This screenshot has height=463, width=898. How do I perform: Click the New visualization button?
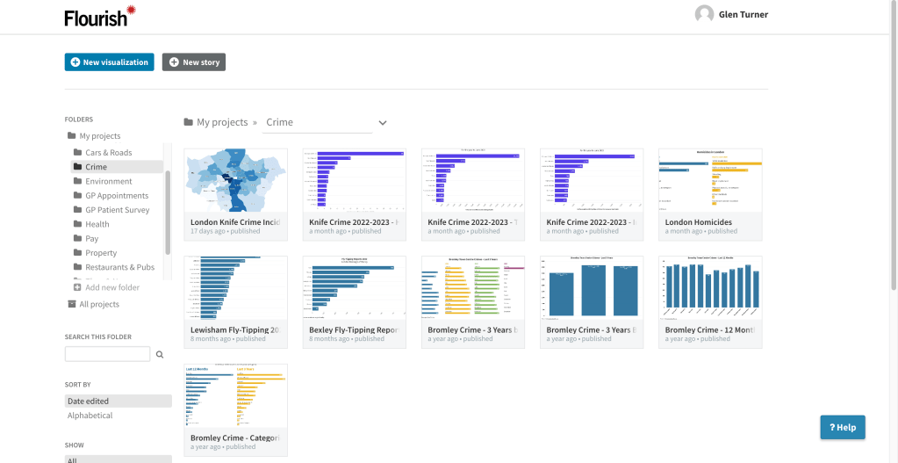[109, 62]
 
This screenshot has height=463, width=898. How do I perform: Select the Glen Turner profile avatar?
[704, 14]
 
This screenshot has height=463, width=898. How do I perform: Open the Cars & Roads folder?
[108, 153]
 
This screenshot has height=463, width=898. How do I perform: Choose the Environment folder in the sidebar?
[109, 181]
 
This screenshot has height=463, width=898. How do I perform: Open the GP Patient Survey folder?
[117, 210]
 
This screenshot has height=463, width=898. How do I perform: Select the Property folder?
[101, 253]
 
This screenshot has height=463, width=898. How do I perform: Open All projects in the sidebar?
[98, 304]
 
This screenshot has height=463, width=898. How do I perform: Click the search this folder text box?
[107, 354]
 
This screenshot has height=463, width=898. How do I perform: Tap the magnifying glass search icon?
[160, 355]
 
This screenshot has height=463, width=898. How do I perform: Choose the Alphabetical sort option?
[90, 416]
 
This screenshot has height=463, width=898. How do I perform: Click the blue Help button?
[842, 427]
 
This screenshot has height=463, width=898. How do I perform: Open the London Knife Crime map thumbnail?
[235, 180]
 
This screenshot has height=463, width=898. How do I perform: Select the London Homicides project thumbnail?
[710, 180]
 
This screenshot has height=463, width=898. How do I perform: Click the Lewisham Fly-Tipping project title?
[234, 330]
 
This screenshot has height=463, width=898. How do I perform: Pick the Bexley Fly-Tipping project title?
[353, 330]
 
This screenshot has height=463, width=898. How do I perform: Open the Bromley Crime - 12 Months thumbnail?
[710, 288]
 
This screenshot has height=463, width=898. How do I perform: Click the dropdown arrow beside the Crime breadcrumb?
[382, 123]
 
